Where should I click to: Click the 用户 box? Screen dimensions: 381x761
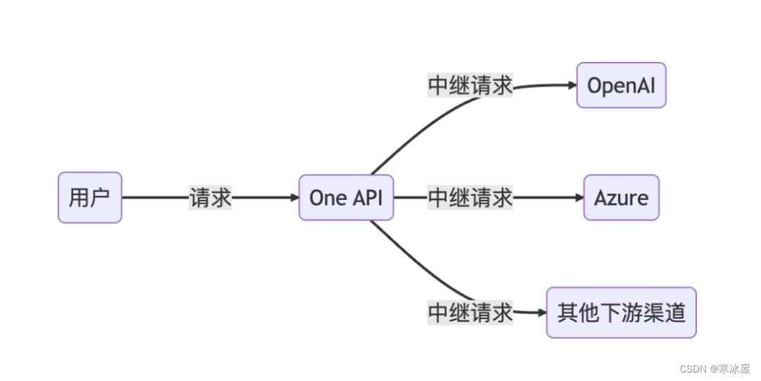coord(89,198)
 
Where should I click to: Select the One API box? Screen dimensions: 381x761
coord(346,198)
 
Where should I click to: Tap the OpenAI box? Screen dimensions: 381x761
coord(621,85)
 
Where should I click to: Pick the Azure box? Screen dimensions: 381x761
coord(621,198)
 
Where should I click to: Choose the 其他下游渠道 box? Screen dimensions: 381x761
coord(621,312)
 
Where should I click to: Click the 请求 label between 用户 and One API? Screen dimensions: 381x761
coord(211,198)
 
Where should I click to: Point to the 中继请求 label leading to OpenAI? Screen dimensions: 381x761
coord(470,85)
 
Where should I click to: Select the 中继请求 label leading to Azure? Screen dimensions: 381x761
coord(470,198)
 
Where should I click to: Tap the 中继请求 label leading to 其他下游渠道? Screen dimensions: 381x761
coord(470,312)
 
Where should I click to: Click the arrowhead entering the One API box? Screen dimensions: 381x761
coord(295,198)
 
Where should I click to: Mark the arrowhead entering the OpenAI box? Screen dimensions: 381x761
coord(572,85)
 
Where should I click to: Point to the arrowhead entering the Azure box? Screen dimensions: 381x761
coord(579,198)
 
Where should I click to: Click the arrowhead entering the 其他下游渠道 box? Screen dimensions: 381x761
coord(542,312)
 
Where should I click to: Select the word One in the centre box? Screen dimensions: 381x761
coord(324,198)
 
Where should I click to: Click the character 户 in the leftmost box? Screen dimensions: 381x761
coord(100,198)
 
